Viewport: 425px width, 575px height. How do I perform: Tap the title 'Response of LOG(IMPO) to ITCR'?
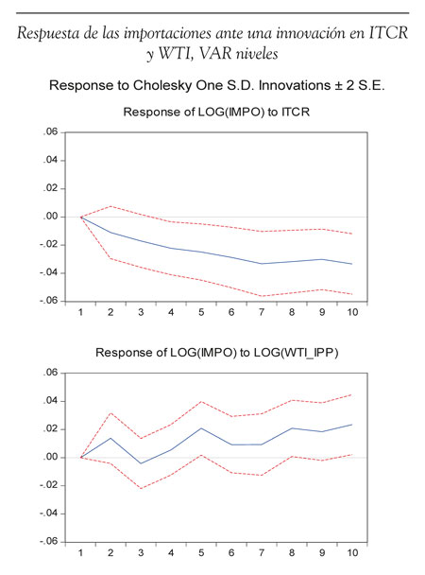(216, 112)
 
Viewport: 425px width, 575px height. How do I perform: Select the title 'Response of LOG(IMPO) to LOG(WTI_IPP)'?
(216, 353)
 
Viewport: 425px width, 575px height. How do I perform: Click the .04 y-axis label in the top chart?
(50, 161)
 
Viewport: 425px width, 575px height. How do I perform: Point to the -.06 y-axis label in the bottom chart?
(49, 542)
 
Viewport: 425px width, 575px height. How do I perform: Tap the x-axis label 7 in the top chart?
(262, 312)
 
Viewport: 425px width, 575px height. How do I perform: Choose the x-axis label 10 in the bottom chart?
(352, 553)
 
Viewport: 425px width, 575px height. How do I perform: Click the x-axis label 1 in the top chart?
(80, 312)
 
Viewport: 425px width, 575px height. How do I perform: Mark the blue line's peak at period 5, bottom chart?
(201, 428)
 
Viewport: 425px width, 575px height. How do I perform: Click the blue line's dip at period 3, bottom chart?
(141, 463)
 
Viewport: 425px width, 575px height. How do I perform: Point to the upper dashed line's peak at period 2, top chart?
(110, 206)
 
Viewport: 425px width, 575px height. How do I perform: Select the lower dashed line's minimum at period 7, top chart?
(262, 296)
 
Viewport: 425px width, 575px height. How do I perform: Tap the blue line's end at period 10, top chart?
(351, 264)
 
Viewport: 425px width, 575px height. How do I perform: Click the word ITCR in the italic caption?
(388, 33)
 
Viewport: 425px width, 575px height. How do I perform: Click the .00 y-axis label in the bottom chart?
(50, 458)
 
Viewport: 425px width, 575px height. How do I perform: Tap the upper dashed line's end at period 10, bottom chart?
(351, 395)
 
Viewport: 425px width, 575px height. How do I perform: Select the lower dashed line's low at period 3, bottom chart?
(141, 488)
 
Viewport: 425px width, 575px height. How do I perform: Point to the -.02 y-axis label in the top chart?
(49, 245)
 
